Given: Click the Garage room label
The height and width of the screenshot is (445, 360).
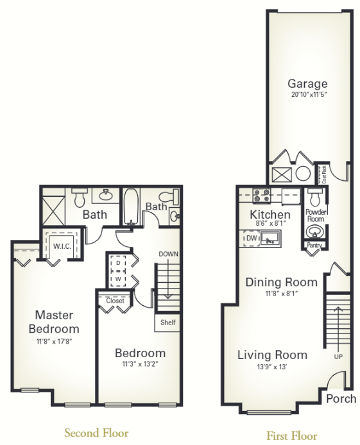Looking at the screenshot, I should pyautogui.click(x=307, y=84).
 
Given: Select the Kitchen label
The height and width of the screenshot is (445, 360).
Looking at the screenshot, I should pyautogui.click(x=270, y=214).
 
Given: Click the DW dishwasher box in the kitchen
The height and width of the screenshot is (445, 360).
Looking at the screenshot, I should pyautogui.click(x=250, y=238).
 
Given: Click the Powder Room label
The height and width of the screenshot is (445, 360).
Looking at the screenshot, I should pyautogui.click(x=315, y=215).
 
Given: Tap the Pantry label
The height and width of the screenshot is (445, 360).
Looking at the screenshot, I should pyautogui.click(x=314, y=245).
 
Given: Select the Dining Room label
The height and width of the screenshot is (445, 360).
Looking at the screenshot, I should pyautogui.click(x=281, y=282).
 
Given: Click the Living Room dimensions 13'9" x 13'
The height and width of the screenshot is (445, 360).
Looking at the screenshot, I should pyautogui.click(x=272, y=367).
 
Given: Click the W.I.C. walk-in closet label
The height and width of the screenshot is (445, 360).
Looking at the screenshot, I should pyautogui.click(x=62, y=245).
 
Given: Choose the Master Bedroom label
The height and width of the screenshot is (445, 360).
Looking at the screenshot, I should pyautogui.click(x=54, y=321).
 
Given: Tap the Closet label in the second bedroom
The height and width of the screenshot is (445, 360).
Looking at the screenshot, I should pyautogui.click(x=116, y=300).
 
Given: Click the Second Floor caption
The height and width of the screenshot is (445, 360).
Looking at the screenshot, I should pyautogui.click(x=96, y=433).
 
